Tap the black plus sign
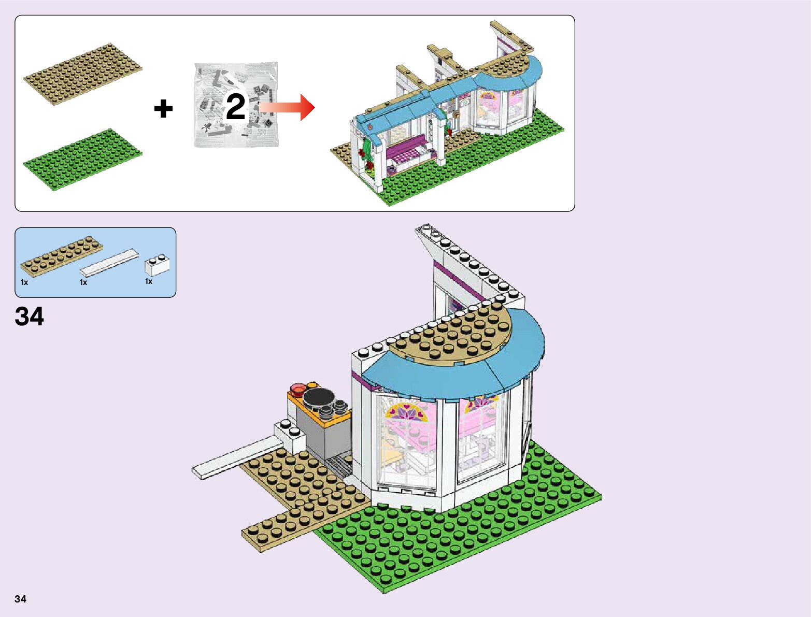(163, 109)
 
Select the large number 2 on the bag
(236, 107)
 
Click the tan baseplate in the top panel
(83, 74)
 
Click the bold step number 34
(30, 317)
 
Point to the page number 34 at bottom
(20, 599)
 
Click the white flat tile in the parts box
(109, 263)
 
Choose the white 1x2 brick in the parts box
(157, 265)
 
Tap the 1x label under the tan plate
(24, 282)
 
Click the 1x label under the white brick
(149, 281)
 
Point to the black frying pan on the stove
(318, 397)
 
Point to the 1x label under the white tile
(83, 282)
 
